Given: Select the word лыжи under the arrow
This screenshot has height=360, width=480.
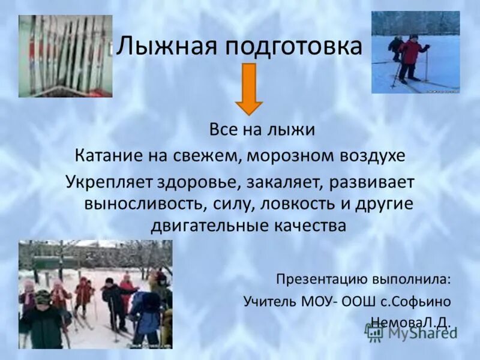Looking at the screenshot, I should (x=294, y=129).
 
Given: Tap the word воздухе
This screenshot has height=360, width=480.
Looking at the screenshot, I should (x=370, y=156).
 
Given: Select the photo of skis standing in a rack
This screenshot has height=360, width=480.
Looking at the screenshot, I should (x=65, y=55).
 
